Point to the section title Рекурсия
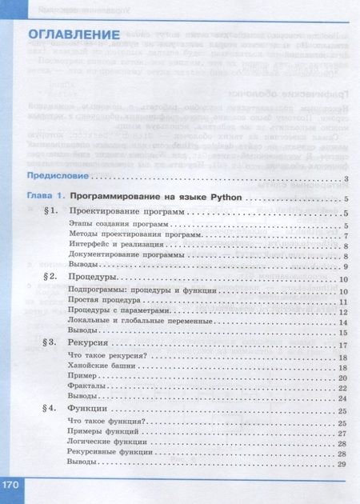[89, 343]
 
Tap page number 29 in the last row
[342, 465]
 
